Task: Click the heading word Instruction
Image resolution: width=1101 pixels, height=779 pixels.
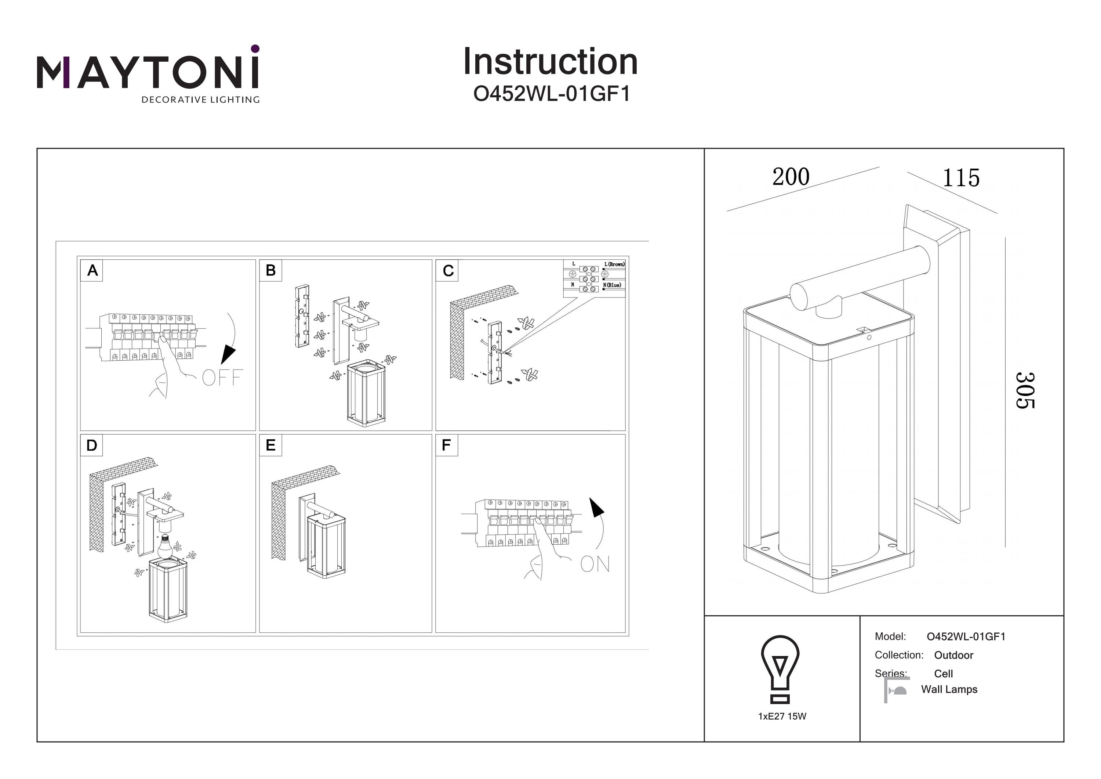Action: (x=550, y=62)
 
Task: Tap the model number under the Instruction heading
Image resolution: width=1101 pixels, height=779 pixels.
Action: (x=552, y=94)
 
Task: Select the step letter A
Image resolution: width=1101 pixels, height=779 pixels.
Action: (x=92, y=270)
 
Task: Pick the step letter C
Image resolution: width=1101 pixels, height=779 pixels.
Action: (x=448, y=271)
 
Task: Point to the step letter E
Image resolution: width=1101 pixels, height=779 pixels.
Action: (x=270, y=446)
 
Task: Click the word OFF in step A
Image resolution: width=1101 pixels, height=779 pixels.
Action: (x=222, y=378)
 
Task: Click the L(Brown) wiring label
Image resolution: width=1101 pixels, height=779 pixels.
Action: (x=614, y=264)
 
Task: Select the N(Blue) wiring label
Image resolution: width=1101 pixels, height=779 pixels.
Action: (x=613, y=285)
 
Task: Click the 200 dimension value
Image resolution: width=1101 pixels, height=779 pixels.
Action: (x=791, y=177)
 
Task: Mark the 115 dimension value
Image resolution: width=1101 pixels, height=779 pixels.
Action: (x=961, y=178)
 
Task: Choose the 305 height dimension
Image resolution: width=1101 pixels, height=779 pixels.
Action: (x=1025, y=390)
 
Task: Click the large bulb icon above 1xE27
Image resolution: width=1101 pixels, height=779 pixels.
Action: (x=780, y=668)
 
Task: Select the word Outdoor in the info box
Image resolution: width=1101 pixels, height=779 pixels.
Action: (x=953, y=655)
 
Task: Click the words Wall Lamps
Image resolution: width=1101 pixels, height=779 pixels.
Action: (x=949, y=689)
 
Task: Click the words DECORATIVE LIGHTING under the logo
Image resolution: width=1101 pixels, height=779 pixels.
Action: (x=200, y=100)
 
